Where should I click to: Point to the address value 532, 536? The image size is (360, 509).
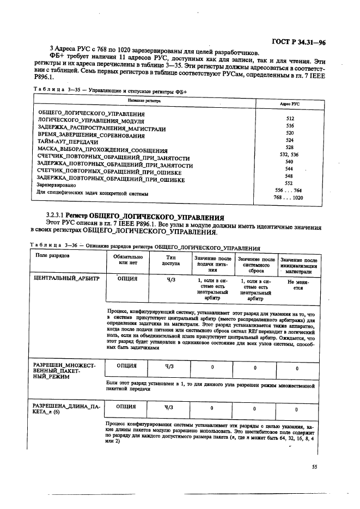coord(289,155)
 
